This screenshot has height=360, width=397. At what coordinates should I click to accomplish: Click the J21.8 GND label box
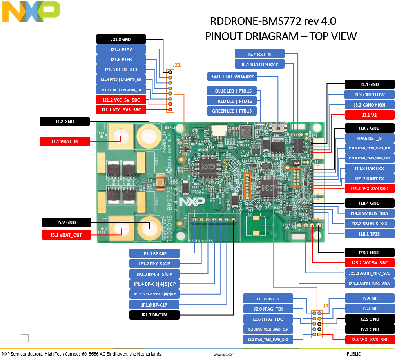point(121,39)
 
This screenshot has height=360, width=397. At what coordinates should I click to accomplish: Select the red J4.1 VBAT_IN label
point(65,142)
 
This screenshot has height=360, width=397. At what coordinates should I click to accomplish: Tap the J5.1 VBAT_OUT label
point(66,235)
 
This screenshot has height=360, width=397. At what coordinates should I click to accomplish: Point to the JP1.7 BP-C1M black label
point(154,315)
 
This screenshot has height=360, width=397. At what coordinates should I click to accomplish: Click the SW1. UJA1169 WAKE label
point(232,76)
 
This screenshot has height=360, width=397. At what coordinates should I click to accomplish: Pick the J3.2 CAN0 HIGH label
point(370,105)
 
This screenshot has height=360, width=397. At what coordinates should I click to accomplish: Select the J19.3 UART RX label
point(370,168)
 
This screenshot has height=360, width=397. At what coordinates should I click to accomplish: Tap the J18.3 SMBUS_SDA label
point(370,213)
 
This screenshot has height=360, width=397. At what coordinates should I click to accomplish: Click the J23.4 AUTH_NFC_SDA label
point(370,284)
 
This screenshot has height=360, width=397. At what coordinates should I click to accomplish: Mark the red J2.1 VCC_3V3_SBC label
point(370,339)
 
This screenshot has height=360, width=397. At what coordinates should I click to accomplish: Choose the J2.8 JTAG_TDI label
point(268,309)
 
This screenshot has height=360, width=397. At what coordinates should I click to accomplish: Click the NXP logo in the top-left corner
point(31,11)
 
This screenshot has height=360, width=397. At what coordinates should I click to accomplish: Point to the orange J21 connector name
point(176,65)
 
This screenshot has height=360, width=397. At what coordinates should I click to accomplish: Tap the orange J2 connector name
point(326,306)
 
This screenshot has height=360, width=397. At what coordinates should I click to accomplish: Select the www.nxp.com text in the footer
point(224,355)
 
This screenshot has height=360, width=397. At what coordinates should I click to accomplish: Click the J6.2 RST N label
point(259,54)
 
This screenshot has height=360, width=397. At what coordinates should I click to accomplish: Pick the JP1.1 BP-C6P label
point(154,253)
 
